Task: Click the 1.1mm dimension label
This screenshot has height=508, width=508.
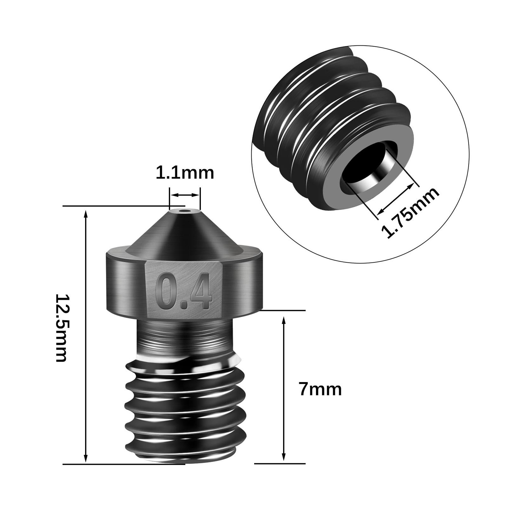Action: pyautogui.click(x=185, y=173)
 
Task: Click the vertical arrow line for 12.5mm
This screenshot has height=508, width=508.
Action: pyautogui.click(x=85, y=336)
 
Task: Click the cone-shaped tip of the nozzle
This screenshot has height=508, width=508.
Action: pyautogui.click(x=184, y=232)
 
